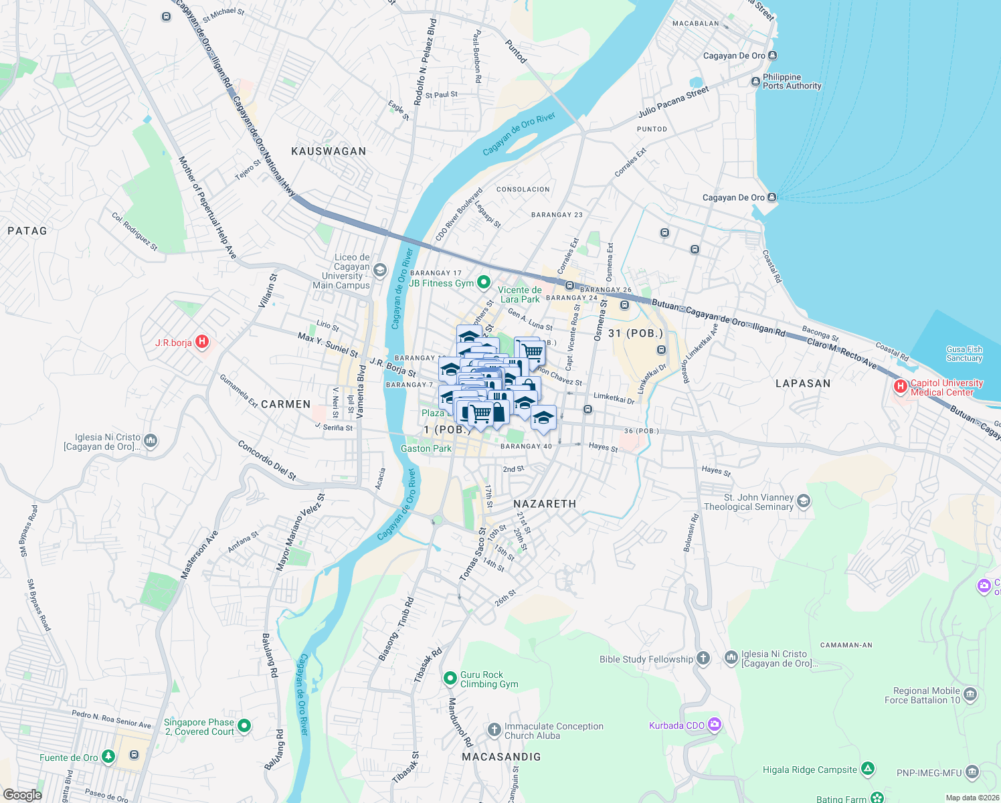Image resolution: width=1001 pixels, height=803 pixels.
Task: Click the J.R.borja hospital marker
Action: point(202,343)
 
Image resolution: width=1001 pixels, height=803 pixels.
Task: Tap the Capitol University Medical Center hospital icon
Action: point(901,386)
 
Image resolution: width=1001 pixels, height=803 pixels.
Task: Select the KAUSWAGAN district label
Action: point(329,151)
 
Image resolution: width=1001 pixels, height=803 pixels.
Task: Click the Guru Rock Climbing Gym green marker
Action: point(450,679)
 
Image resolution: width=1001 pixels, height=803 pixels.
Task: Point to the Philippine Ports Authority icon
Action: point(755,82)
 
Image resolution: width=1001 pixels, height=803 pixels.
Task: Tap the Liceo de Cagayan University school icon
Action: point(380,270)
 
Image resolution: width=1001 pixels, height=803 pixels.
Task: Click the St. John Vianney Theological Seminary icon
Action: point(804,501)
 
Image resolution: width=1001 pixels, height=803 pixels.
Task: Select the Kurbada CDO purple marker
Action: point(714,725)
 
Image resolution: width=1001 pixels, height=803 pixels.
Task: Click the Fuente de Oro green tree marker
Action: point(108,757)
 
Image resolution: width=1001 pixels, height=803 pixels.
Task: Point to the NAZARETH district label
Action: point(544,504)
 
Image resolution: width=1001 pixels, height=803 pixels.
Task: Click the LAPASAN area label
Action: point(802,383)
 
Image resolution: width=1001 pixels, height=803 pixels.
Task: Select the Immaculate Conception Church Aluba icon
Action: point(494,729)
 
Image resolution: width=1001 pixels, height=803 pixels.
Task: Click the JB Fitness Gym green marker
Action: point(483,283)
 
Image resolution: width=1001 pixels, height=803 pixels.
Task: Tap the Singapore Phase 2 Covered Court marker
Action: point(244,725)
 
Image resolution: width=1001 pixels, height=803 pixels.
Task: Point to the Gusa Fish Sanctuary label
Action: point(964,354)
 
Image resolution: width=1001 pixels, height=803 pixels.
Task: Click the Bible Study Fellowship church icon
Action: point(703,658)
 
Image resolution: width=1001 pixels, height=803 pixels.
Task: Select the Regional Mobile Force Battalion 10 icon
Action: point(971,695)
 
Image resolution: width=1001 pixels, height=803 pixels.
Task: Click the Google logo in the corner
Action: point(22,794)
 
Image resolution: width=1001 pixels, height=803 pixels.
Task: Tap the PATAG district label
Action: point(27,231)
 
